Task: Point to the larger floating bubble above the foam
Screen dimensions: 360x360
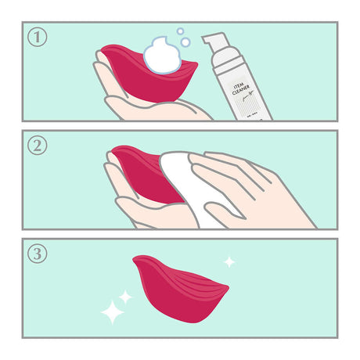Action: click(x=185, y=42)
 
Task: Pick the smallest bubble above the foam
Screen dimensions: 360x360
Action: click(x=179, y=32)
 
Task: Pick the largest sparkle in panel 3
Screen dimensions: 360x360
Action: click(x=112, y=312)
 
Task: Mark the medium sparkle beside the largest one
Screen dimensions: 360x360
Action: click(x=125, y=297)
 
